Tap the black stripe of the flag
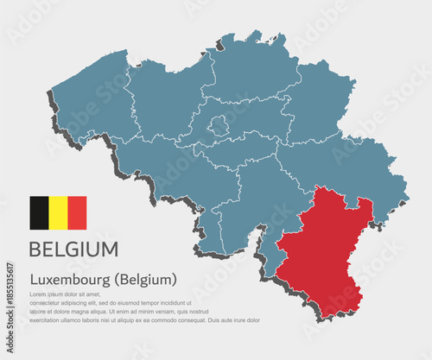click(40, 212)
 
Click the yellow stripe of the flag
click(59, 212)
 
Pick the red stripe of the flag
click(77, 212)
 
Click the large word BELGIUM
click(73, 249)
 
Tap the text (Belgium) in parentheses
click(149, 280)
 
